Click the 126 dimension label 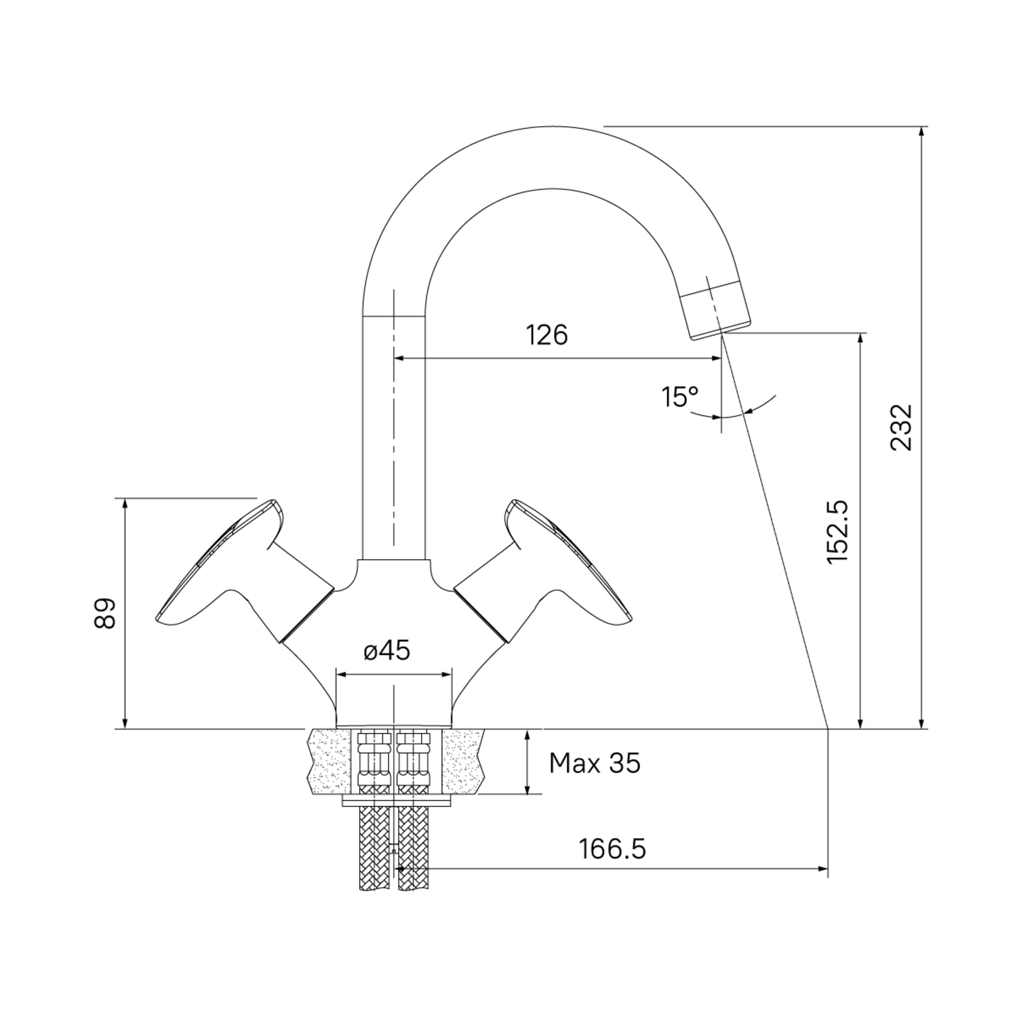(547, 334)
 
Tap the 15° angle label (680, 397)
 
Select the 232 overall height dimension (901, 427)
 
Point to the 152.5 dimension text (838, 531)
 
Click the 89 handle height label (106, 614)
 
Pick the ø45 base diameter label (386, 651)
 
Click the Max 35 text (595, 763)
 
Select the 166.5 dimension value (612, 849)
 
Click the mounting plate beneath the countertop (396, 801)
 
